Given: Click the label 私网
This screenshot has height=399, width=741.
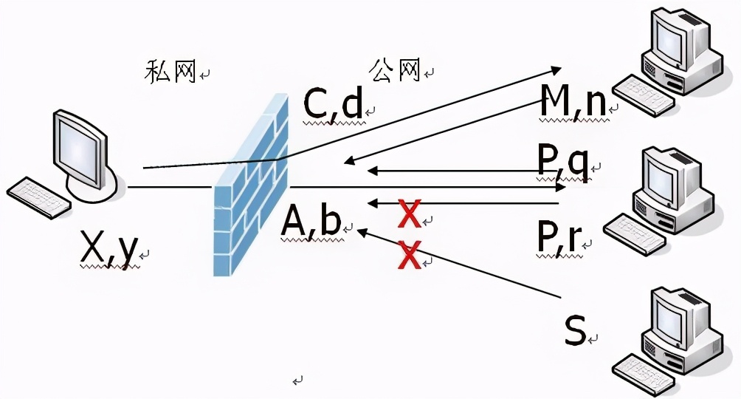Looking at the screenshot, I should coord(170,72).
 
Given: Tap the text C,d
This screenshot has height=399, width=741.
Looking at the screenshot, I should coord(333,104).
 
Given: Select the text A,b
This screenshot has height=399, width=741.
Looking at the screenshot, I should coord(311,222).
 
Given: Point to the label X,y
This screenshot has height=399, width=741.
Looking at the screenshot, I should coord(108,250).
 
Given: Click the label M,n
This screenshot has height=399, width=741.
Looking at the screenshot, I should coord(573,102).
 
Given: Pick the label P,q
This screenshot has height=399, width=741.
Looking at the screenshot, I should coord(563,165).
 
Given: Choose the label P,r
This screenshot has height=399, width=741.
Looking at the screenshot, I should coord(559,235).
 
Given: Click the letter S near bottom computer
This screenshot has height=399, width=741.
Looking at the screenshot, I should coord(575,331).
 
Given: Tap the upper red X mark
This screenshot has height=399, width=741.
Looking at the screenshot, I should coord(409,214).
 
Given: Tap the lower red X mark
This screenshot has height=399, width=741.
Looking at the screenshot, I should coord(409,256).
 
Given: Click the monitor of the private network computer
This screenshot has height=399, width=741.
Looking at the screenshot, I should coord(80,144).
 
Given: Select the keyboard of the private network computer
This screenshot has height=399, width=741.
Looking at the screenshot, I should coord(40,197).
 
